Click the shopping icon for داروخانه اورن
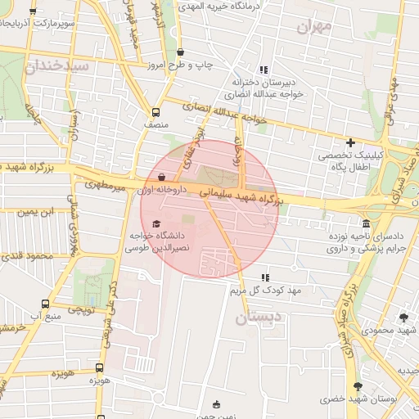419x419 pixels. point(160,176)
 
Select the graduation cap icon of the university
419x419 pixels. point(157,223)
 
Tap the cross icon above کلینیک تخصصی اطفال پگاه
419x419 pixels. point(350,142)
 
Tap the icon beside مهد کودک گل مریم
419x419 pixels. point(264,278)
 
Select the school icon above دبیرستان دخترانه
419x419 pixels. point(264,70)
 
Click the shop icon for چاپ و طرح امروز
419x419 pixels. point(181,52)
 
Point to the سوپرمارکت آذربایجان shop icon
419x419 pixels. point(33,11)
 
